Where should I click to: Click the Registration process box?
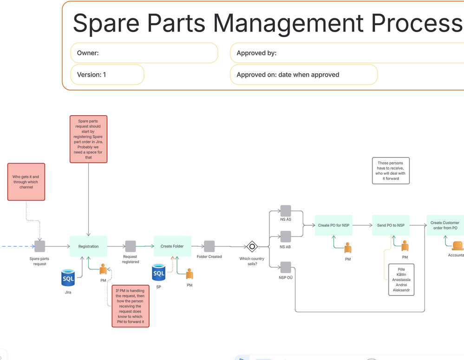[88, 246]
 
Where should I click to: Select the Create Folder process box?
[172, 246]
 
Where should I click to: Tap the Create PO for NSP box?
[333, 225]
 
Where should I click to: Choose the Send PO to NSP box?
[391, 225]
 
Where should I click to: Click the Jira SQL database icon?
[68, 278]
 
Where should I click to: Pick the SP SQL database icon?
[158, 272]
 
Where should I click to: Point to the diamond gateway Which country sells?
[252, 246]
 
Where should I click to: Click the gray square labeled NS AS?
[286, 211]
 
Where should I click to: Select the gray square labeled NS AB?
[286, 236]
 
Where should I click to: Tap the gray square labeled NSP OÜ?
[286, 268]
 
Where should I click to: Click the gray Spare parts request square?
[39, 246]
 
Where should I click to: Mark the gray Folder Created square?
[209, 246]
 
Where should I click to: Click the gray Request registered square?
[131, 246]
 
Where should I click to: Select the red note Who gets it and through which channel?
[26, 182]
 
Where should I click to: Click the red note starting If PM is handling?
[131, 306]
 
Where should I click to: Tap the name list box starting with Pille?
[401, 280]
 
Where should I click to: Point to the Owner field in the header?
[144, 53]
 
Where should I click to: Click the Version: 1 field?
[107, 75]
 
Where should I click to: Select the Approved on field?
[304, 75]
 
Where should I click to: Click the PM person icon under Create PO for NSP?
[348, 248]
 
